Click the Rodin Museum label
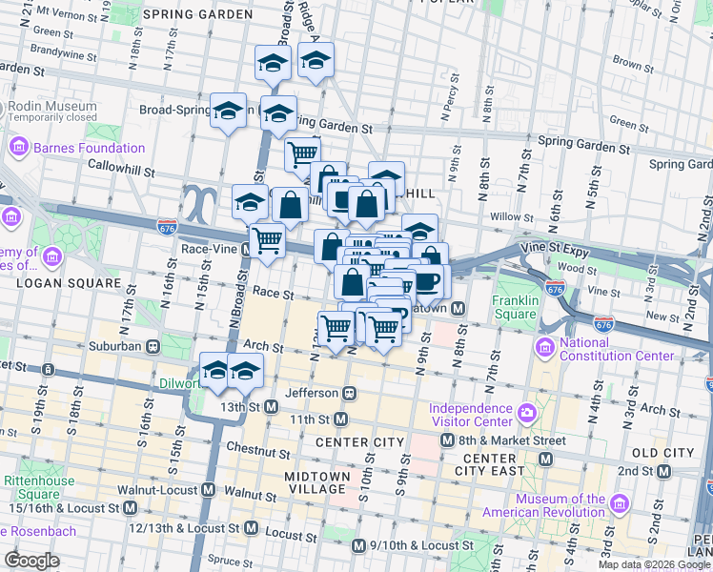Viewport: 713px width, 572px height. pyautogui.click(x=52, y=107)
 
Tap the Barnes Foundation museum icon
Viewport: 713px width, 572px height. pyautogui.click(x=17, y=148)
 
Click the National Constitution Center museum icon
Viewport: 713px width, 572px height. pyautogui.click(x=545, y=344)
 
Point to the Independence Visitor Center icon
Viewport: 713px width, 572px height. pyautogui.click(x=527, y=413)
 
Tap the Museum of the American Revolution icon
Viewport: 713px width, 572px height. pyautogui.click(x=620, y=502)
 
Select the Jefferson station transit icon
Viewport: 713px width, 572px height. pyautogui.click(x=350, y=393)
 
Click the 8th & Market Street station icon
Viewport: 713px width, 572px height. pyautogui.click(x=447, y=440)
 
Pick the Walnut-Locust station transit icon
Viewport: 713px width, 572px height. pyautogui.click(x=209, y=490)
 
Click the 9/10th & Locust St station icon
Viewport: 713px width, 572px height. pyautogui.click(x=358, y=545)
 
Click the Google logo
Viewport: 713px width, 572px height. pyautogui.click(x=32, y=561)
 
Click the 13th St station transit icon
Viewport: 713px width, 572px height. pyautogui.click(x=272, y=407)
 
